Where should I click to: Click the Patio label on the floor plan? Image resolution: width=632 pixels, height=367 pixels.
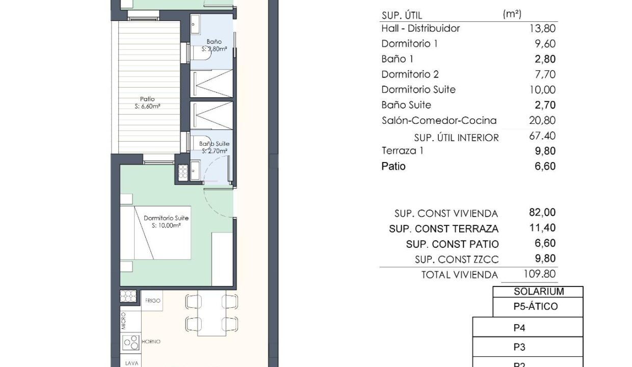click(147, 99)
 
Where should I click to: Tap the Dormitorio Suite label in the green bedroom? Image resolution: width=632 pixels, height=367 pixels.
click(166, 218)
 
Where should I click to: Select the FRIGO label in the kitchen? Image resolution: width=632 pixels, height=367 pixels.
click(152, 301)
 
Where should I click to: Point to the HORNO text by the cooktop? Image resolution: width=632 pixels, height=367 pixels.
click(151, 342)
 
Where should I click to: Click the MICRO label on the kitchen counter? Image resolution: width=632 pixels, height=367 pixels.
click(123, 321)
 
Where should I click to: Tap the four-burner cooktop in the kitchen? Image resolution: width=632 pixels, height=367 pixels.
click(131, 343)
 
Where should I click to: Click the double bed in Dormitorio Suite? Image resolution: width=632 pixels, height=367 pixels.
click(155, 233)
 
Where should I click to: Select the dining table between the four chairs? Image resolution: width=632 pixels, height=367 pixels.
click(212, 313)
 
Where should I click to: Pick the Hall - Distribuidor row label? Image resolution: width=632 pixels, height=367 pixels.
click(420, 28)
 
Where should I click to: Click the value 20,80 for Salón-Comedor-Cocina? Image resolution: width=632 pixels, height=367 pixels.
click(542, 120)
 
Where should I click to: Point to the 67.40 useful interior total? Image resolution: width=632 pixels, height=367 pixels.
click(542, 136)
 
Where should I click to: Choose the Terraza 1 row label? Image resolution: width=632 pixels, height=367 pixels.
click(402, 151)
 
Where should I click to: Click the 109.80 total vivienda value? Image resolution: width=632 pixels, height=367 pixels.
click(539, 274)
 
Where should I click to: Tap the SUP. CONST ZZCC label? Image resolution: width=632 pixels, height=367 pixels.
click(457, 259)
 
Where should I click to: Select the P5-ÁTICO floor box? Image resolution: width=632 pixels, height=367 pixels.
click(538, 307)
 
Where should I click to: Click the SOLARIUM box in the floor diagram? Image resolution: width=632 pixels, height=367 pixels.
click(538, 292)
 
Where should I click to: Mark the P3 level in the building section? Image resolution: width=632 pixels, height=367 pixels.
click(528, 347)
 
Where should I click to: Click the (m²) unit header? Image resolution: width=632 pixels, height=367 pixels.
click(512, 14)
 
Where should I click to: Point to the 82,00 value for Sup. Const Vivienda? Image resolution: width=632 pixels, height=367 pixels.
click(542, 213)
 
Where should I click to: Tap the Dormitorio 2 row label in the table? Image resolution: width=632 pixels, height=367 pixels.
click(410, 74)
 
